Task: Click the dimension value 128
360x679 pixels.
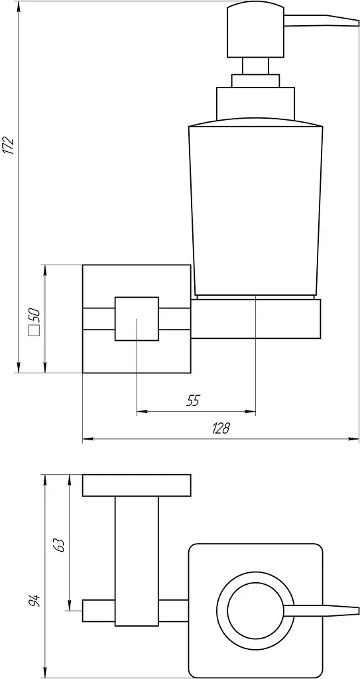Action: (x=221, y=428)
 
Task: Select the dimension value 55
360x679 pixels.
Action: (x=193, y=401)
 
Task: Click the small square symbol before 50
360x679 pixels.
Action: (x=34, y=331)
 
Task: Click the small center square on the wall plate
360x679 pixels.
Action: (x=137, y=319)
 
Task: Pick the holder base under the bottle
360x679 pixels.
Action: (x=256, y=318)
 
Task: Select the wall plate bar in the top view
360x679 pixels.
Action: (x=137, y=485)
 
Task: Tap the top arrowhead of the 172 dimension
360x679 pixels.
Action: (x=19, y=7)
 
